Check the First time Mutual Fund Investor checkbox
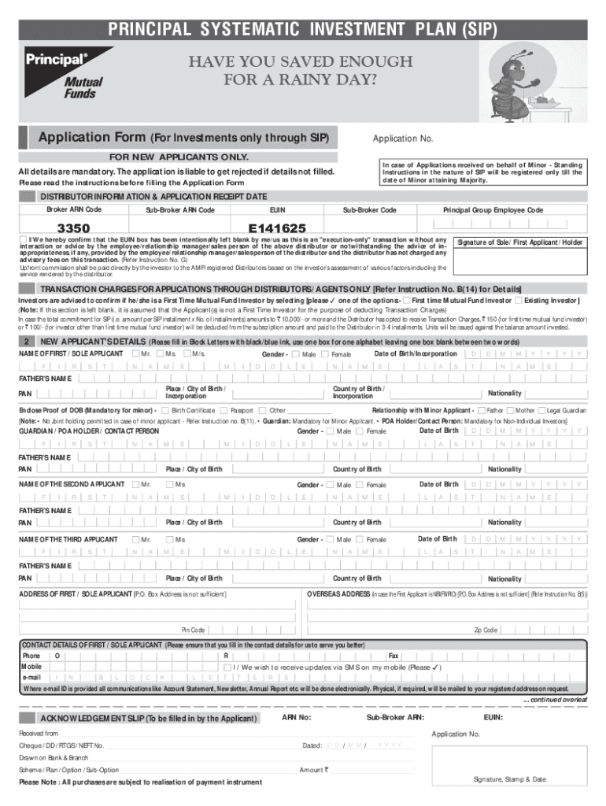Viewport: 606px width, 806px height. coord(406,301)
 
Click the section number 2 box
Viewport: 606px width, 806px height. coord(27,342)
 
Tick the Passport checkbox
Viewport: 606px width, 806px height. coord(224,410)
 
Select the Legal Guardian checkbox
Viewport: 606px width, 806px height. coord(541,410)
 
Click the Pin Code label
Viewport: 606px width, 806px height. coord(194,630)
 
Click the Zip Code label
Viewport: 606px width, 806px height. coord(485,630)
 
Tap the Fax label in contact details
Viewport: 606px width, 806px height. coord(394,656)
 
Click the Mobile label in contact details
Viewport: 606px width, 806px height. coord(31,666)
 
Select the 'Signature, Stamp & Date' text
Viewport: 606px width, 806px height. coord(509,778)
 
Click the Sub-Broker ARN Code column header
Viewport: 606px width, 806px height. coord(180,210)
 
